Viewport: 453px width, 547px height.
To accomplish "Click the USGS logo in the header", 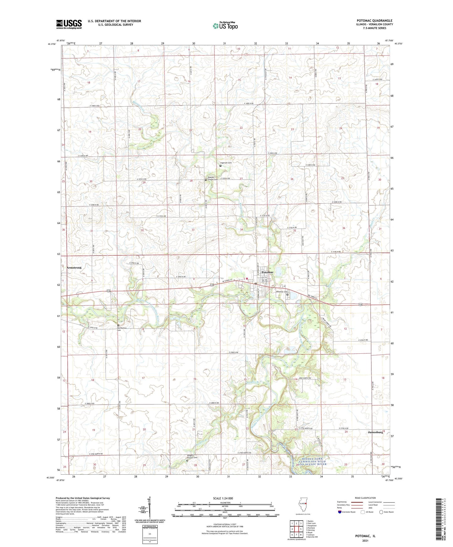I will [69, 24].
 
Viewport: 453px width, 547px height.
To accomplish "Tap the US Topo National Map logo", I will [225, 26].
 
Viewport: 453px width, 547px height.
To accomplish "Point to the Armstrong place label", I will [74, 268].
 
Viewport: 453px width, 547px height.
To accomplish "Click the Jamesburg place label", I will [375, 432].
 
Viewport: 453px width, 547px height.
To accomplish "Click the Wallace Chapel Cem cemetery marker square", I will [206, 180].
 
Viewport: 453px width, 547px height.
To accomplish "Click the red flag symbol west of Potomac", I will [247, 278].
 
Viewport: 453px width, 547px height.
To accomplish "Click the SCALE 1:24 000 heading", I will [223, 498].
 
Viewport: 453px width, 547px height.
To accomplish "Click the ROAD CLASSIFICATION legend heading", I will [365, 498].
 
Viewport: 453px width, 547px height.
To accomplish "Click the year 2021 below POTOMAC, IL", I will [365, 540].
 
